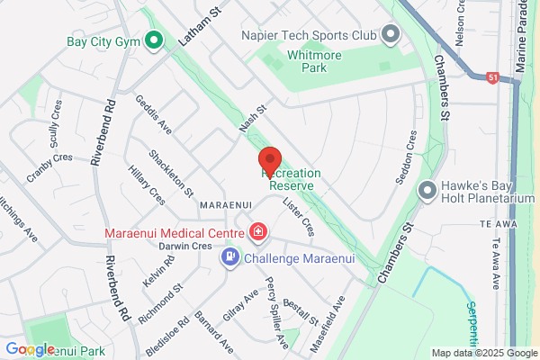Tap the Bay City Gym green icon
pos(153,40)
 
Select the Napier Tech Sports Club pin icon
pos(390,35)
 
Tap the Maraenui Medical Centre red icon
pos(258,233)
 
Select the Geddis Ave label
pos(147,114)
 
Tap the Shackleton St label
pos(171,173)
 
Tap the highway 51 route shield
pos(491,77)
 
